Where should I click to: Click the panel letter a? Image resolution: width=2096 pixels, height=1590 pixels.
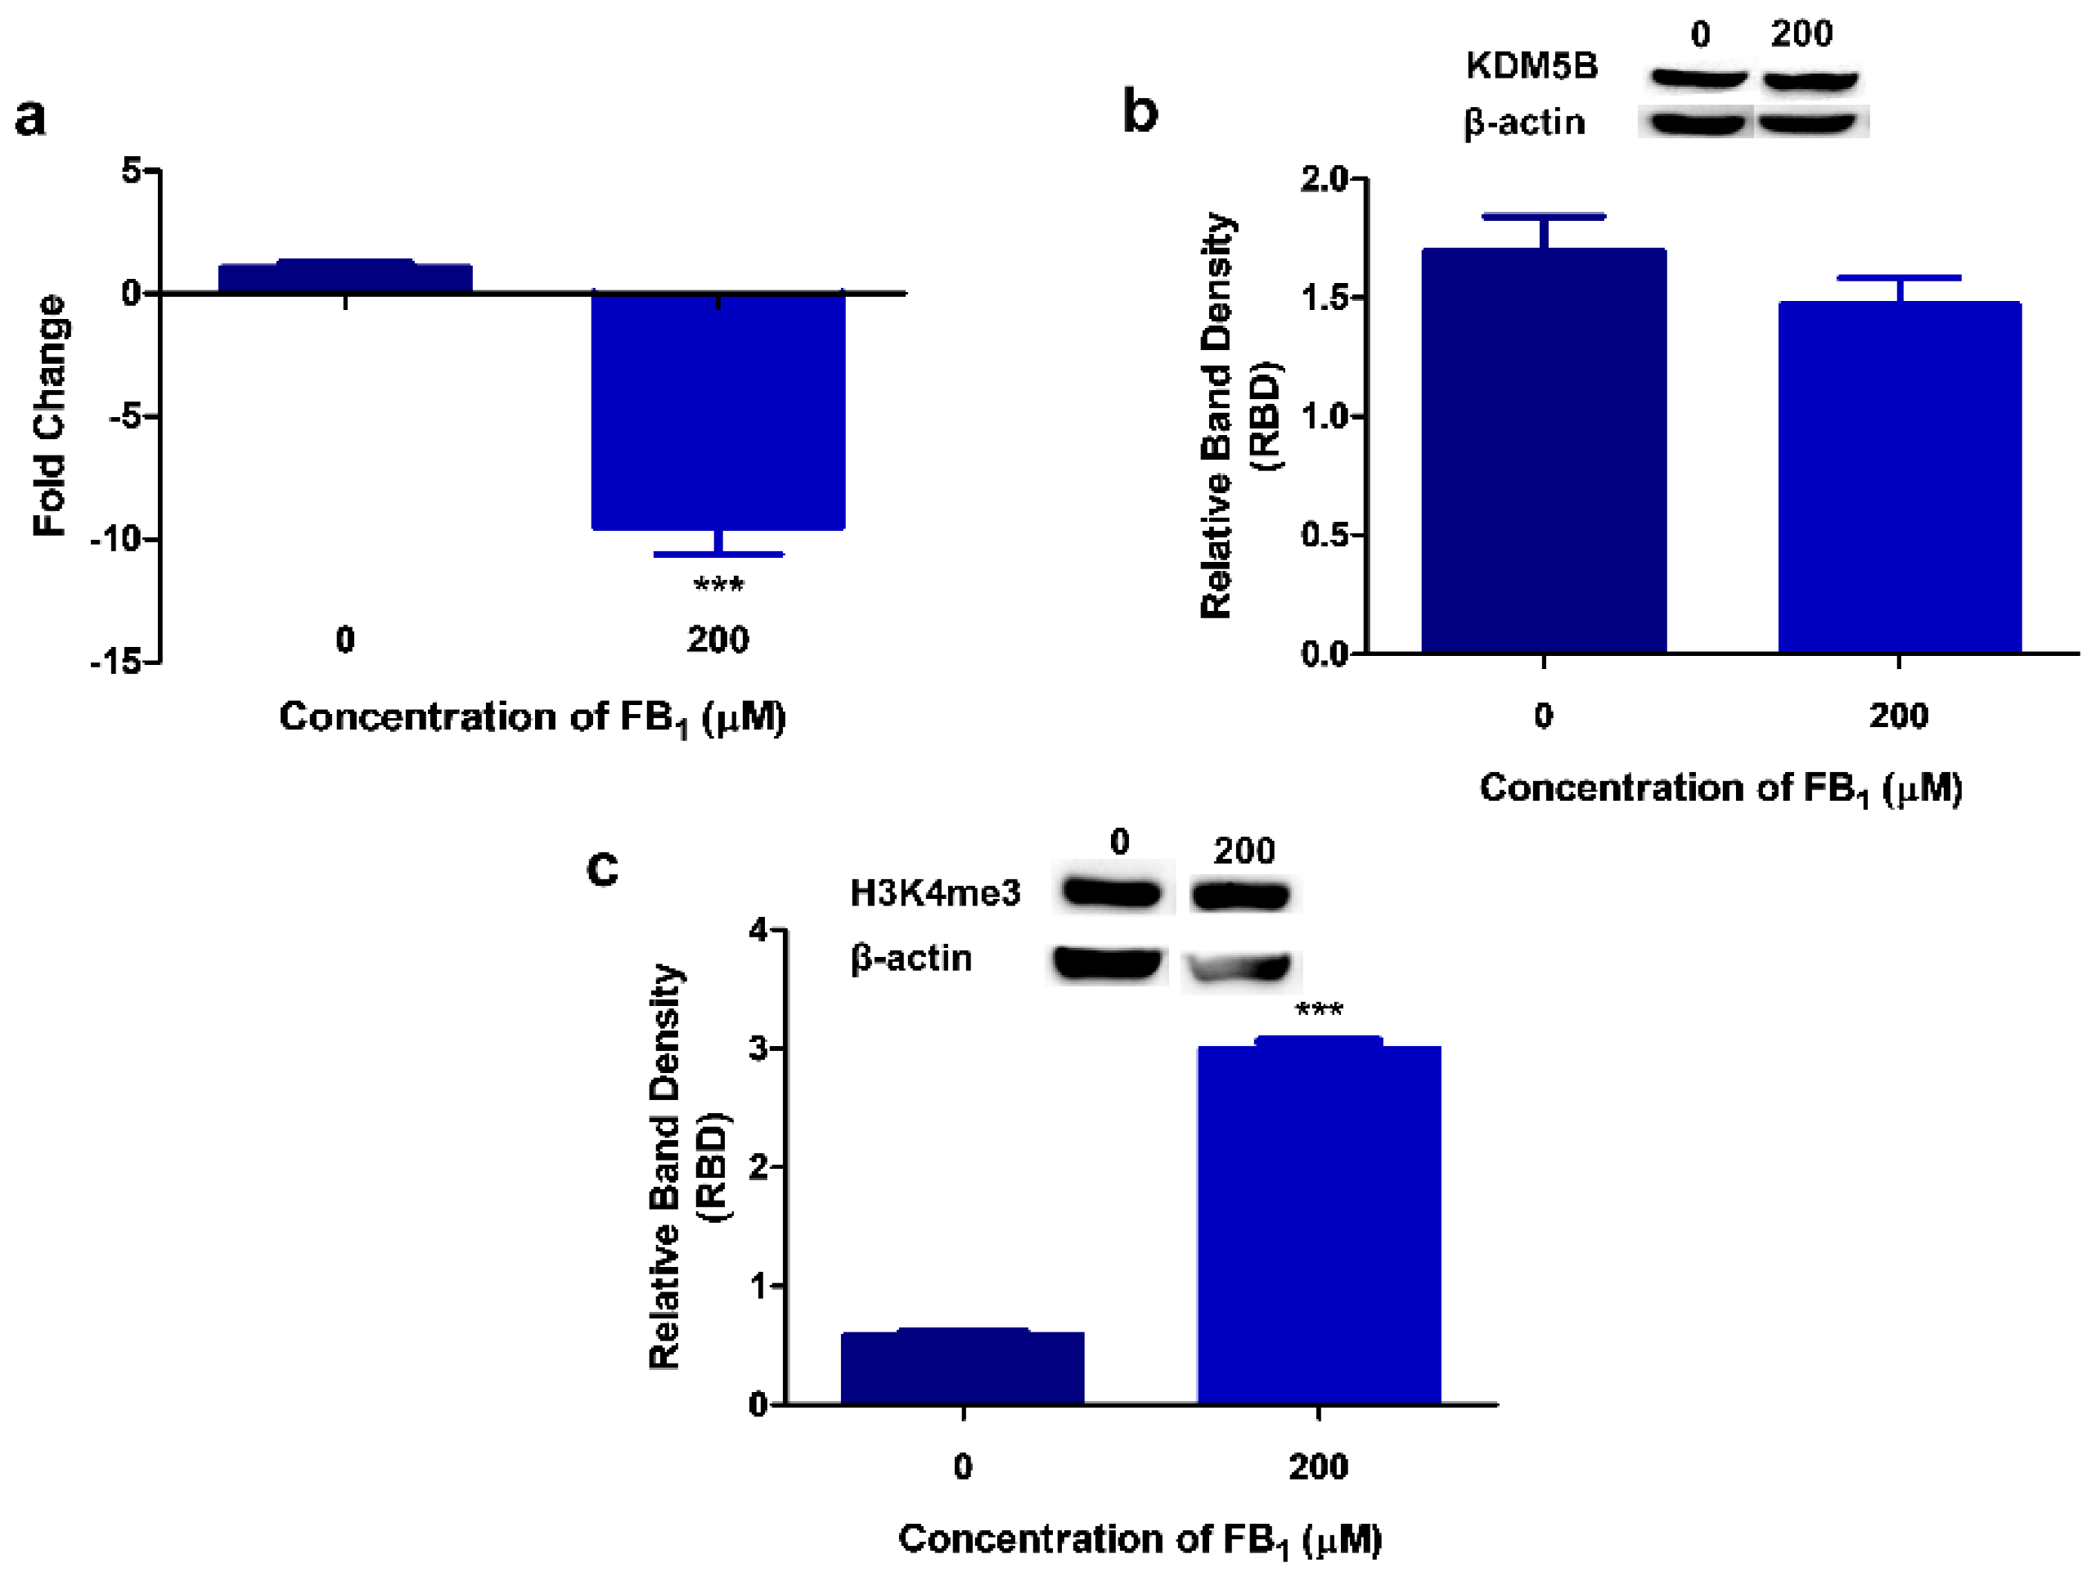pyautogui.click(x=30, y=119)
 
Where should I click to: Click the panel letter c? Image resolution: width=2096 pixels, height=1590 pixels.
pyautogui.click(x=603, y=867)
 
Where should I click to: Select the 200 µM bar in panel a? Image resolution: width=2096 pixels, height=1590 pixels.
pyautogui.click(x=717, y=411)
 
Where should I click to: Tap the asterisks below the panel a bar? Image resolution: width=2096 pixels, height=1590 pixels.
pyautogui.click(x=718, y=585)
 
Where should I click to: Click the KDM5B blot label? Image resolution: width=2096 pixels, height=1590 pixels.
pyautogui.click(x=1532, y=66)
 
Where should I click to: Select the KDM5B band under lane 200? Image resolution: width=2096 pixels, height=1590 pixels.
pyautogui.click(x=1810, y=80)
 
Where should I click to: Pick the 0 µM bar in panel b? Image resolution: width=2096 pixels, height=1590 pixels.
pyautogui.click(x=1544, y=451)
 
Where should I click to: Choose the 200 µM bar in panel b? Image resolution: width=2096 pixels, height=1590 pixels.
pyautogui.click(x=1899, y=478)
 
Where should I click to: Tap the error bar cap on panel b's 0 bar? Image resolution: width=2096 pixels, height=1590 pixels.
pyautogui.click(x=1544, y=217)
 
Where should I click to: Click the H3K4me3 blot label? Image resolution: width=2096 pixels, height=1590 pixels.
pyautogui.click(x=935, y=892)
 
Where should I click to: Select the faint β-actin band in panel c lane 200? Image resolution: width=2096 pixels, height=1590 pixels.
pyautogui.click(x=1240, y=967)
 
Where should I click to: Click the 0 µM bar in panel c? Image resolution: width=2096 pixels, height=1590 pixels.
pyautogui.click(x=963, y=1368)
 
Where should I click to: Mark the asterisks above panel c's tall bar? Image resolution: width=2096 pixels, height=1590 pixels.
pyautogui.click(x=1319, y=1010)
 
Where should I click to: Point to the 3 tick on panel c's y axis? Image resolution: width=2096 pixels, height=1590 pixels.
pyautogui.click(x=759, y=1049)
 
